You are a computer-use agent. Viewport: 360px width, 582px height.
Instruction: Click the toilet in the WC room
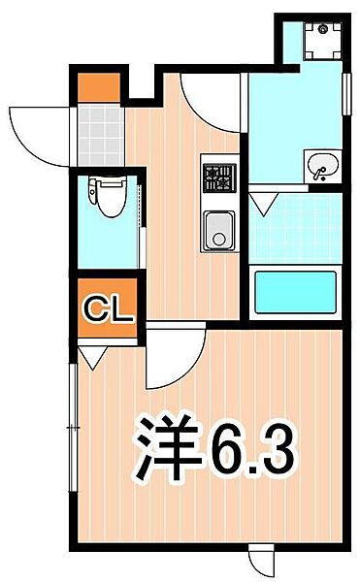(108, 196)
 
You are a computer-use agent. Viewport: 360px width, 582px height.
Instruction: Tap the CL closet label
(109, 309)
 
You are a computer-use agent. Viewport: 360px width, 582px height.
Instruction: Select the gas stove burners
(219, 178)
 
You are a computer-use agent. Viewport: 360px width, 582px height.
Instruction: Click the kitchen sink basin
(219, 231)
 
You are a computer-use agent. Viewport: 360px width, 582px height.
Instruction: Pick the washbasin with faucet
(323, 166)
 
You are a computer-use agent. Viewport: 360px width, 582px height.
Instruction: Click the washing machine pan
(322, 41)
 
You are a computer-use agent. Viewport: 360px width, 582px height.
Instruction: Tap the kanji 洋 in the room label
(167, 447)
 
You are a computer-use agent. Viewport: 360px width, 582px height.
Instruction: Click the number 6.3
(253, 449)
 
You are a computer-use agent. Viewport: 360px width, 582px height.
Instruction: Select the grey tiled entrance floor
(101, 135)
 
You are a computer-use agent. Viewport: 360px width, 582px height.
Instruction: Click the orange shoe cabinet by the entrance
(99, 87)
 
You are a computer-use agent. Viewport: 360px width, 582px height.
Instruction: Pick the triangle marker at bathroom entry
(264, 204)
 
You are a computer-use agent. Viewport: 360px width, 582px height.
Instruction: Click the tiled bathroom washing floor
(295, 229)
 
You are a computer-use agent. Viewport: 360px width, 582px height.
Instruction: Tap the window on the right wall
(346, 94)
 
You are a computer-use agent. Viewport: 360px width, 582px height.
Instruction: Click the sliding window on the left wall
(74, 428)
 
